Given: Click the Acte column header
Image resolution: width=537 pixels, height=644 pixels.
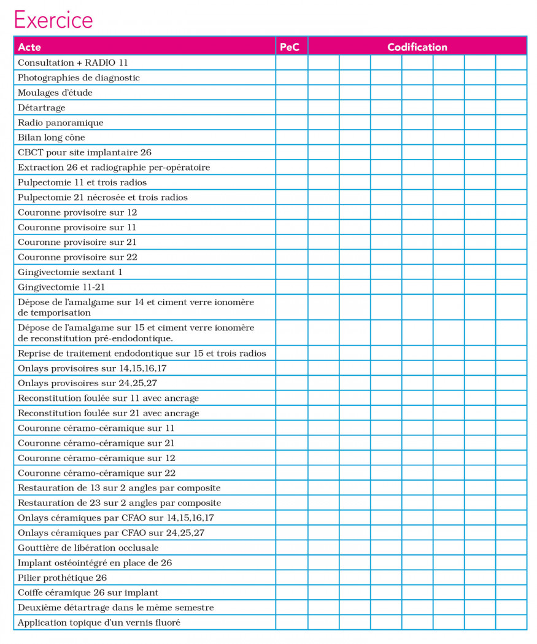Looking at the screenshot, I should point(29,47).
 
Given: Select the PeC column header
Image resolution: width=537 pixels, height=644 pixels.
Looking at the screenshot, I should point(292,47).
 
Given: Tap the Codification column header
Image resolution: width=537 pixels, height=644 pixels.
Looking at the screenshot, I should point(417,47).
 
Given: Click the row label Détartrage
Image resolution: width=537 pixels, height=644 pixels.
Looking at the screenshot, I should point(42,107).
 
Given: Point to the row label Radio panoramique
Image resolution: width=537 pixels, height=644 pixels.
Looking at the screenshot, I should point(60,123).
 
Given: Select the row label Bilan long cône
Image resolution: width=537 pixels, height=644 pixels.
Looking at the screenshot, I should point(52,138).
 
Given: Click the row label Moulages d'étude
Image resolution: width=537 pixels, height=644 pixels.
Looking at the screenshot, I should point(55,93).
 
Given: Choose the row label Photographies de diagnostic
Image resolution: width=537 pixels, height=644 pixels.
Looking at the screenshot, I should point(79,78).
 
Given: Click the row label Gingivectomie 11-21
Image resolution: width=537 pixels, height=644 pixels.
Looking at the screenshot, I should point(62,287).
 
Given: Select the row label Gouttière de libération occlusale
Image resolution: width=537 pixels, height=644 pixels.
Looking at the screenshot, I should point(88,548).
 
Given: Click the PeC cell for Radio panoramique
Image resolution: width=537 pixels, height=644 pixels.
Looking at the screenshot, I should point(292,123).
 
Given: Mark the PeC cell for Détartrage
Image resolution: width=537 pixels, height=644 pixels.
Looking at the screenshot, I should point(292,107).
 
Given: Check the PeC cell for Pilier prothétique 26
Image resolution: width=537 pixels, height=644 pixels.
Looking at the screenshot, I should point(292,578).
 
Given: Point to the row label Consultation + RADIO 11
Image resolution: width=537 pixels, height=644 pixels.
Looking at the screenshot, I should point(72,63).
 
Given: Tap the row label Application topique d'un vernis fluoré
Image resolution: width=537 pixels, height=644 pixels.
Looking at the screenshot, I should point(99,623).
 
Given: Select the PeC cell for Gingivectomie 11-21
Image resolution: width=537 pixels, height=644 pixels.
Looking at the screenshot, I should point(292,287).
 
